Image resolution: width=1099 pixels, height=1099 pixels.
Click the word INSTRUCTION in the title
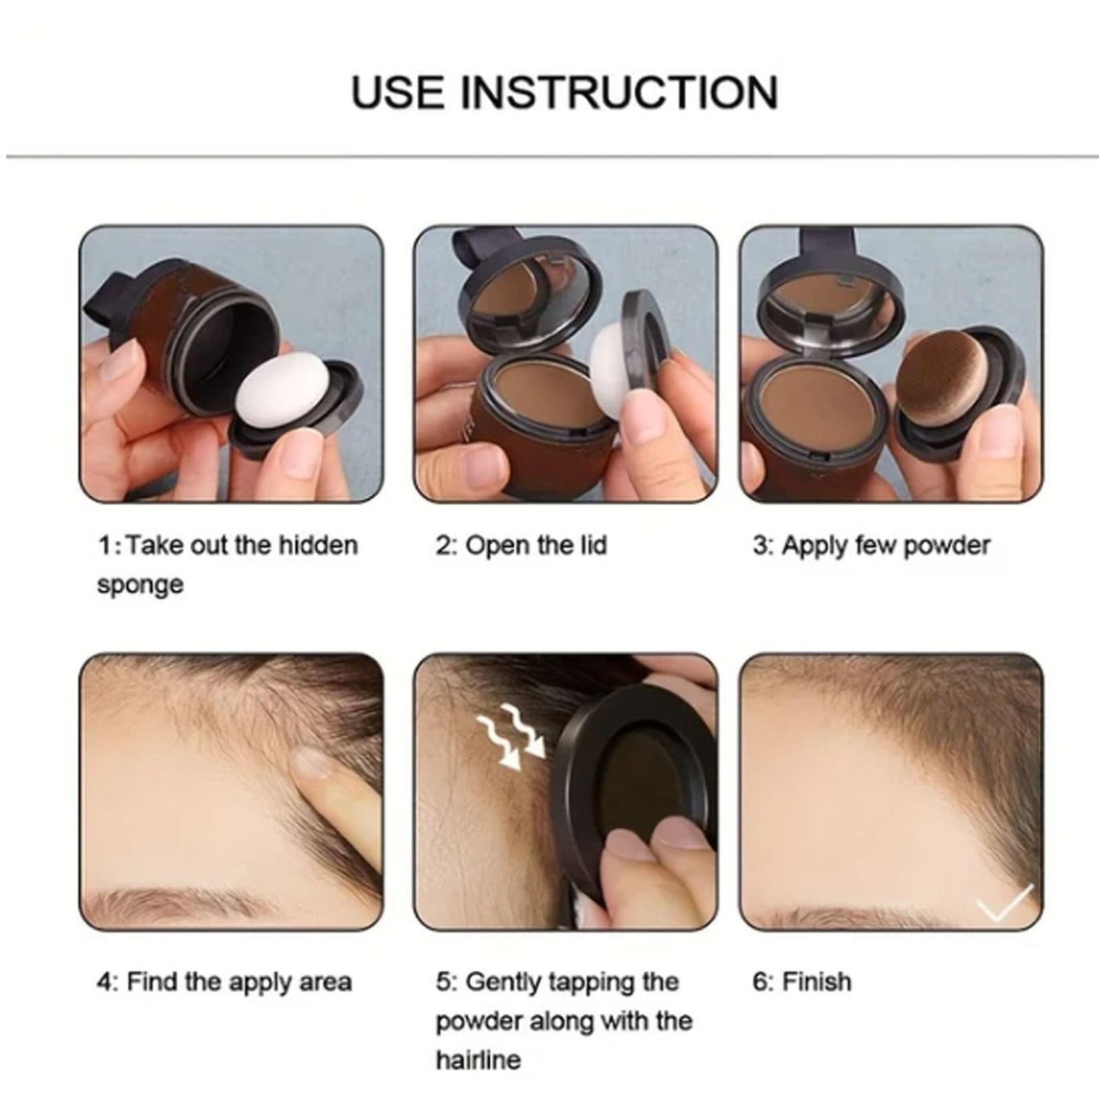point(619,92)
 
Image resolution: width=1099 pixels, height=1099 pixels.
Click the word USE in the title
point(397,92)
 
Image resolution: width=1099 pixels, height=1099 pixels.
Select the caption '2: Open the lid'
point(521,545)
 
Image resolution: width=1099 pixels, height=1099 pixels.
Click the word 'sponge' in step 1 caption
point(140,585)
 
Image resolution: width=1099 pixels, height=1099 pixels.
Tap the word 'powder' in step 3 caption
point(951,545)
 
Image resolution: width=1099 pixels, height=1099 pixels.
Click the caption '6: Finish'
point(802,981)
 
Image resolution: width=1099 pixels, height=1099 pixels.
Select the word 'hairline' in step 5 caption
point(478,1059)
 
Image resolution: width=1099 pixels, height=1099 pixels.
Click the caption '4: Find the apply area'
point(224,981)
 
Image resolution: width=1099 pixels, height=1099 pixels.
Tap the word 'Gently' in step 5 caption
point(503,981)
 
